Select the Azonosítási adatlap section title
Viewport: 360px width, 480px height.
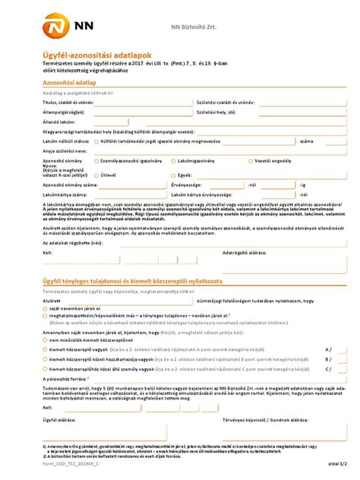[69, 81]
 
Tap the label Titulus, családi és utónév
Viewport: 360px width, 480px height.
[69, 101]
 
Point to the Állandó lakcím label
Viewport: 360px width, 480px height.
[59, 121]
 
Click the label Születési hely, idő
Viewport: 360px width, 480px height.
[216, 111]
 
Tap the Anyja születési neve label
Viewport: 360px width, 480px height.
[65, 150]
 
